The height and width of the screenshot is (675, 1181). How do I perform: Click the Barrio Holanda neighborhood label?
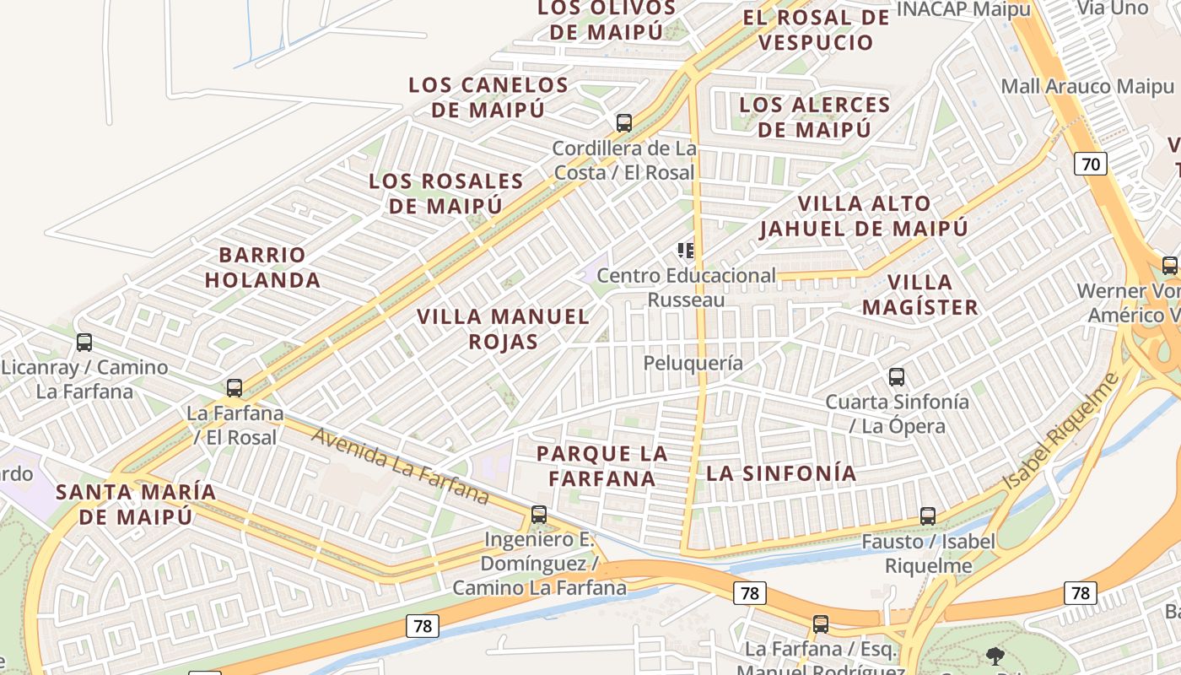pyautogui.click(x=262, y=267)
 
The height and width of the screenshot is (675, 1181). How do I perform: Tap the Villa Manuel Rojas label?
pyautogui.click(x=503, y=329)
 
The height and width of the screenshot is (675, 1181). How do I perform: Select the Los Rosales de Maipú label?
pyautogui.click(x=446, y=193)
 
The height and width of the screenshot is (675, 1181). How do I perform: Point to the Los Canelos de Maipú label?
pyautogui.click(x=488, y=97)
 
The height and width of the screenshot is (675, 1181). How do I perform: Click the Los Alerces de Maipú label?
pyautogui.click(x=814, y=117)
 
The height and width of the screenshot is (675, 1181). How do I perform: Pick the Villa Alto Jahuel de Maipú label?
pyautogui.click(x=864, y=216)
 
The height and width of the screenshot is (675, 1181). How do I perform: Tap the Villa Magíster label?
pyautogui.click(x=920, y=294)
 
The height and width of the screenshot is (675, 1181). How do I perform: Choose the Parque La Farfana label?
pyautogui.click(x=601, y=466)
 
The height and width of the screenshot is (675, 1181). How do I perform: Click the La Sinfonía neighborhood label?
pyautogui.click(x=781, y=473)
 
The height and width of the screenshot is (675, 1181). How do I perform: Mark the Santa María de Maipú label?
pyautogui.click(x=136, y=504)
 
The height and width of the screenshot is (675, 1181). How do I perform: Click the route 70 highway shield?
pyautogui.click(x=1091, y=164)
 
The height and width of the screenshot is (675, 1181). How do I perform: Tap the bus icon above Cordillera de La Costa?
pyautogui.click(x=624, y=122)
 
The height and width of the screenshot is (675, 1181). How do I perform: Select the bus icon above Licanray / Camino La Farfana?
pyautogui.click(x=84, y=343)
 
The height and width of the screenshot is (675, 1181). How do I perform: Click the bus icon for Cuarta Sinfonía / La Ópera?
pyautogui.click(x=897, y=377)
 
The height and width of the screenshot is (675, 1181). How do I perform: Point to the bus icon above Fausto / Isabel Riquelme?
pyautogui.click(x=928, y=516)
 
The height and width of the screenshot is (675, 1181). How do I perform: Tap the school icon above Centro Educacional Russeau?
pyautogui.click(x=685, y=251)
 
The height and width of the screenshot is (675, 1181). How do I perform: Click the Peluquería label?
pyautogui.click(x=693, y=363)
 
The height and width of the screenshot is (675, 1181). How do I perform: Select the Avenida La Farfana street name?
pyautogui.click(x=400, y=465)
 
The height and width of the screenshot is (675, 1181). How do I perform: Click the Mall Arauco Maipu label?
pyautogui.click(x=1087, y=86)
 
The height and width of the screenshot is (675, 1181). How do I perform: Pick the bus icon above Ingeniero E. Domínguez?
pyautogui.click(x=538, y=514)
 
